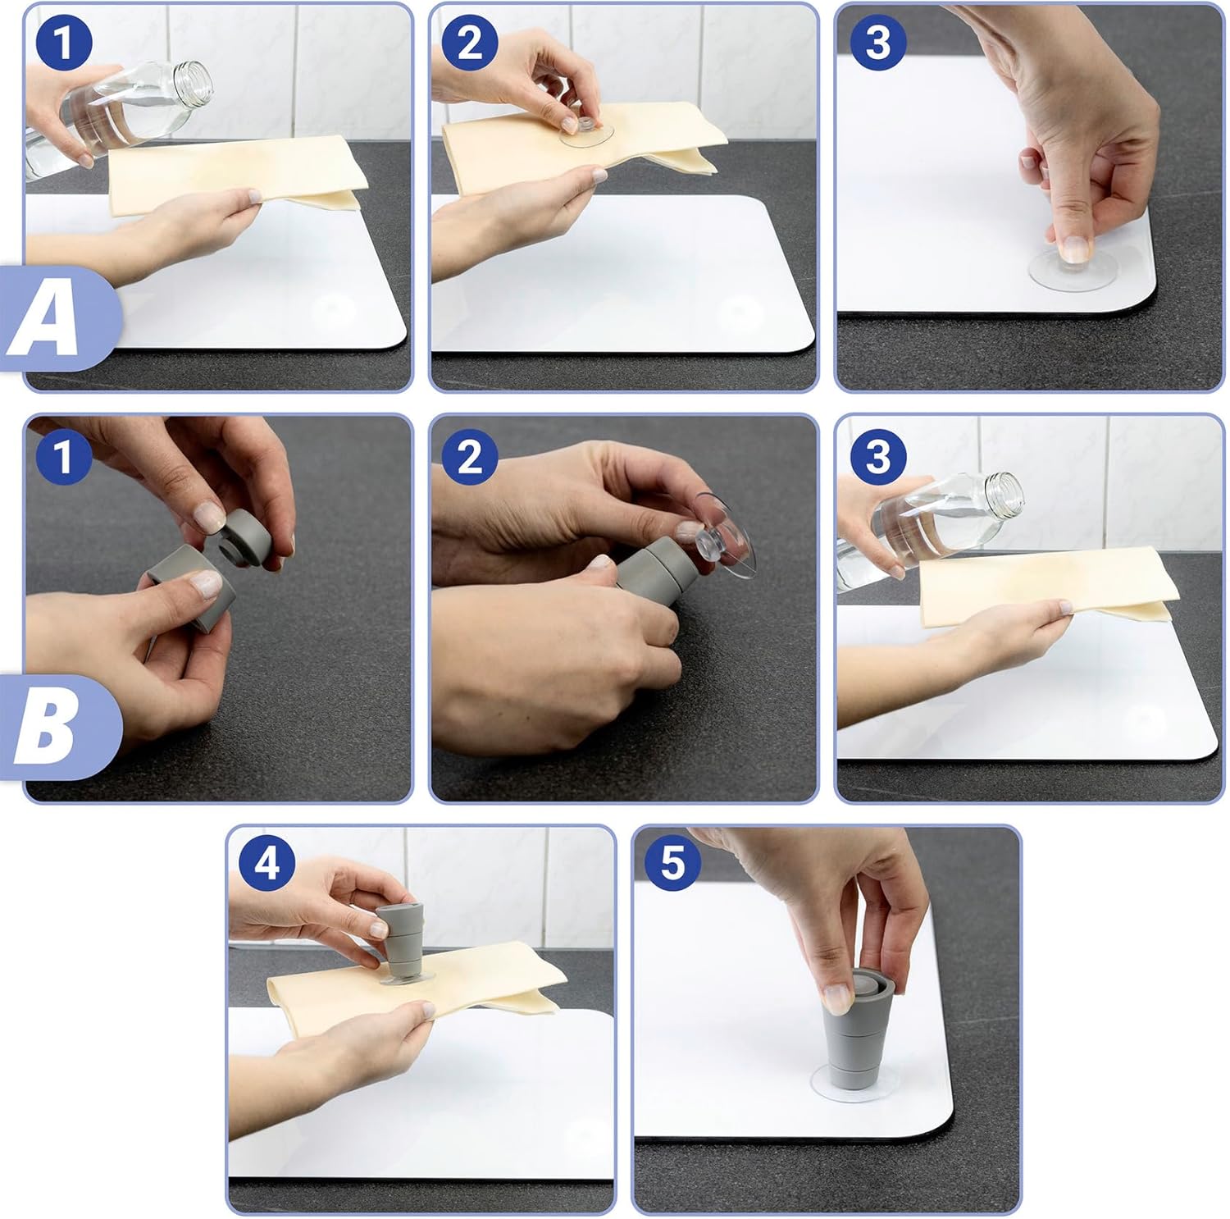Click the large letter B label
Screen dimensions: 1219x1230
[46, 728]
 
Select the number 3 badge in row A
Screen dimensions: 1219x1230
[877, 43]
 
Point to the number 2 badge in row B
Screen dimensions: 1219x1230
[470, 456]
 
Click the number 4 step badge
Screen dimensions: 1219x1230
[267, 863]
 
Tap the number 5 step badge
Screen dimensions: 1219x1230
[672, 863]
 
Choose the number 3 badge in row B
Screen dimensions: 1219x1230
[877, 456]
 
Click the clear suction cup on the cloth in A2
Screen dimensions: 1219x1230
[585, 131]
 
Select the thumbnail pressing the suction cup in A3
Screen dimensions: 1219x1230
[1073, 246]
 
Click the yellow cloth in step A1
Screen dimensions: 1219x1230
[230, 176]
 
